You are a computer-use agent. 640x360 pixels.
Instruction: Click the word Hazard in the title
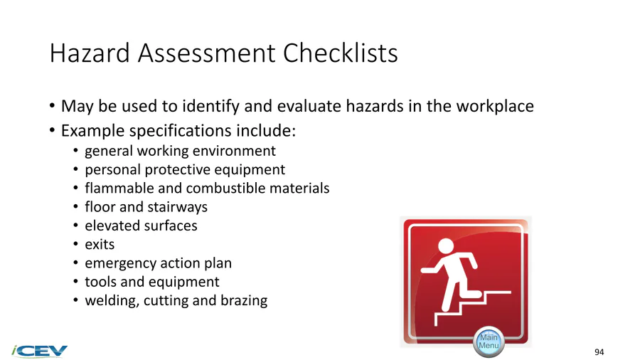pyautogui.click(x=90, y=53)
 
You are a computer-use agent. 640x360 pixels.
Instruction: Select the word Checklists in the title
pyautogui.click(x=340, y=53)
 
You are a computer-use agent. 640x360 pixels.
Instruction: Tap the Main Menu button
pyautogui.click(x=489, y=342)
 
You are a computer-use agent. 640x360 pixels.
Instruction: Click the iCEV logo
pyautogui.click(x=40, y=351)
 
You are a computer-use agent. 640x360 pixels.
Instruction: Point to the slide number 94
pyautogui.click(x=599, y=352)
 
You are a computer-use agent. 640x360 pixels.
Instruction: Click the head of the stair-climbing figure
pyautogui.click(x=445, y=246)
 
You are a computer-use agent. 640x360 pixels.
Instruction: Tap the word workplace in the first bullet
pyautogui.click(x=495, y=106)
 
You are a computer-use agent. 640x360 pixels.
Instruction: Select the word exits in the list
pyautogui.click(x=100, y=245)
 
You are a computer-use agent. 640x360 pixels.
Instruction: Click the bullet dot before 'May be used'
pyautogui.click(x=52, y=106)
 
